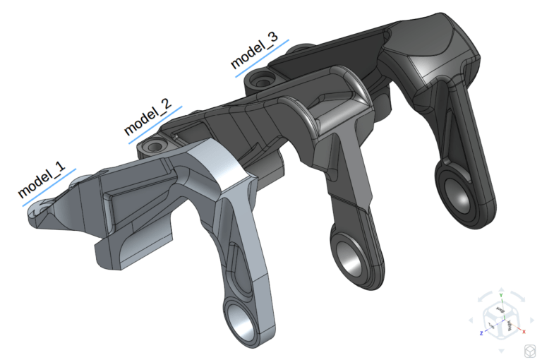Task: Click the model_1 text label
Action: point(42,180)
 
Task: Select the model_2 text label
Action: point(147,116)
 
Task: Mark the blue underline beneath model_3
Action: point(261,59)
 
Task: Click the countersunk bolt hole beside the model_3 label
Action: point(265,79)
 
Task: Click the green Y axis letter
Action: point(500,295)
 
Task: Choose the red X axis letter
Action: point(523,330)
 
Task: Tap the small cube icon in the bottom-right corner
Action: point(527,350)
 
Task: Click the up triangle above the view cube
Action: point(500,289)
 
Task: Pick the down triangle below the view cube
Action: point(500,351)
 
